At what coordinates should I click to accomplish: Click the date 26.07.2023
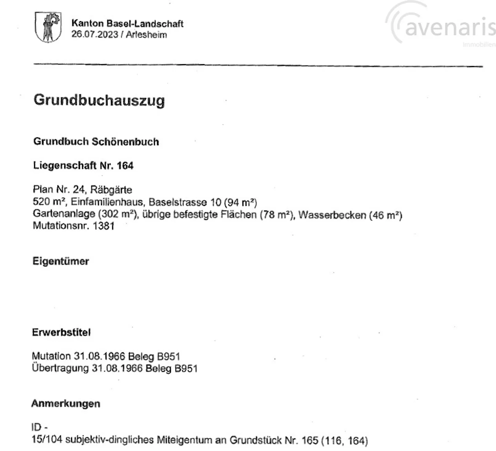(x=94, y=35)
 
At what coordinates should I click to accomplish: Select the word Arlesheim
(x=146, y=35)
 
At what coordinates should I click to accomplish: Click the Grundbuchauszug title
(x=99, y=100)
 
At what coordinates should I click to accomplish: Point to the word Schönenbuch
(x=125, y=142)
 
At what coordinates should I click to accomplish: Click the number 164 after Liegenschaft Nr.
(x=125, y=166)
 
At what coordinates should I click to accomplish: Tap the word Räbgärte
(x=111, y=190)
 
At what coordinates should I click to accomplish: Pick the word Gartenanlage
(x=64, y=214)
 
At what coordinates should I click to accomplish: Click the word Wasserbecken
(x=332, y=215)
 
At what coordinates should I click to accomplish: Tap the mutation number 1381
(x=103, y=226)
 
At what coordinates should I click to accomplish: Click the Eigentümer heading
(x=61, y=261)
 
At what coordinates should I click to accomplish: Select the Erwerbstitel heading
(x=61, y=333)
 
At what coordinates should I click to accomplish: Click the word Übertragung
(x=60, y=368)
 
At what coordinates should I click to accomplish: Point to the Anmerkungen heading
(x=65, y=403)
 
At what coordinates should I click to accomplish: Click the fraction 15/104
(x=47, y=440)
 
